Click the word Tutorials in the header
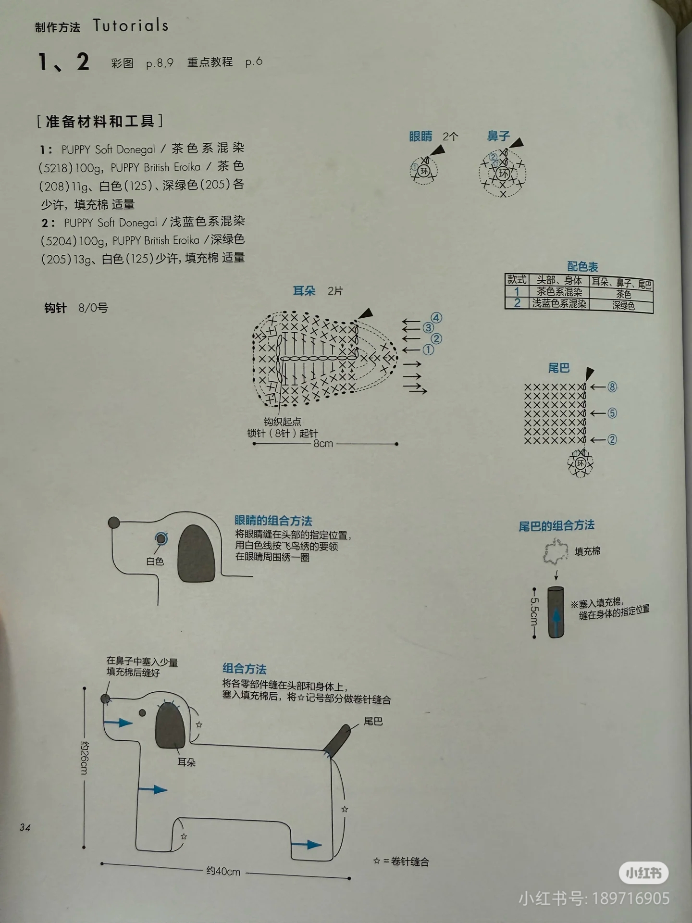(131, 25)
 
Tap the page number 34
(25, 827)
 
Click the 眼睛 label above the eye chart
(420, 137)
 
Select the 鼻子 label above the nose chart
(498, 136)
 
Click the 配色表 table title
(582, 266)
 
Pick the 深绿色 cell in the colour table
(623, 305)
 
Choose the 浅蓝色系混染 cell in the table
(559, 303)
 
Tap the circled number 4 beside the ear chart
(436, 318)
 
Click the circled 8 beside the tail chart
(612, 387)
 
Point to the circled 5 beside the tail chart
(612, 413)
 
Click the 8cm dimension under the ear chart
(323, 443)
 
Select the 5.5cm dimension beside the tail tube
(534, 612)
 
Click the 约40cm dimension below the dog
(223, 871)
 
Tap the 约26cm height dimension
(84, 757)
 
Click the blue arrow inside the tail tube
(556, 617)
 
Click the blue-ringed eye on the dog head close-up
(161, 539)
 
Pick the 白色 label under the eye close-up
(155, 561)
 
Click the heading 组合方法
(244, 669)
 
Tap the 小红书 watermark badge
(643, 872)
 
